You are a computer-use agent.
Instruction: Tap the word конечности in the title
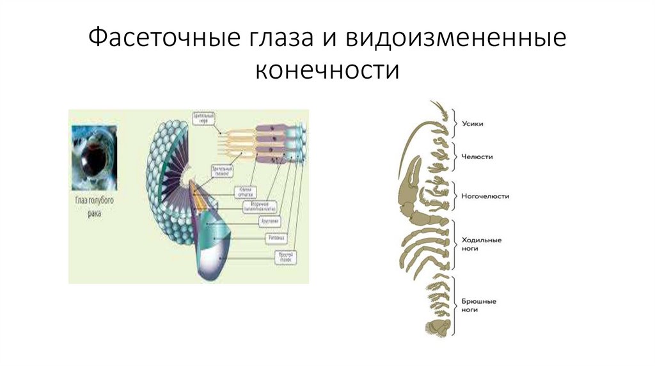[x=327, y=70]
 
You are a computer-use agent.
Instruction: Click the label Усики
[x=472, y=125]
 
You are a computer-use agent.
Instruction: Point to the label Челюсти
[x=477, y=156]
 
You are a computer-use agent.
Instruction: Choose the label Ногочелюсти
[x=485, y=196]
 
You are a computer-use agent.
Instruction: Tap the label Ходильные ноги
[x=481, y=245]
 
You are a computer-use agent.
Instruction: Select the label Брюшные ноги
[x=479, y=304]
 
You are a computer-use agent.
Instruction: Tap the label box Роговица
[x=274, y=237]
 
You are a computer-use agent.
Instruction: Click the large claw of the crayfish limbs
[x=410, y=185]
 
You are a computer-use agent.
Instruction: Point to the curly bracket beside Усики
[x=454, y=125]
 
